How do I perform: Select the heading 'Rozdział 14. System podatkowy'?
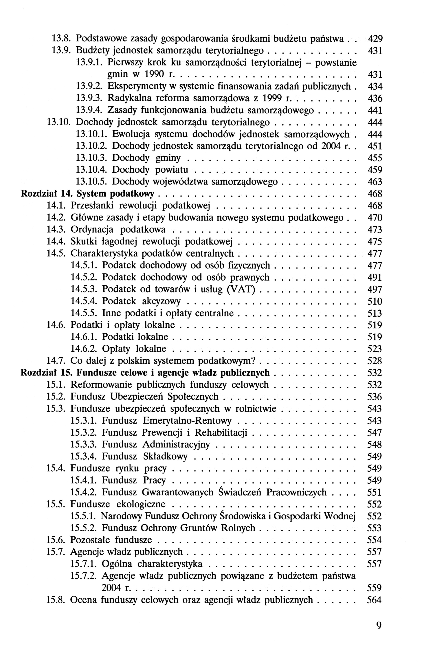pyautogui.click(x=87, y=194)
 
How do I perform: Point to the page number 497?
pyautogui.click(x=374, y=290)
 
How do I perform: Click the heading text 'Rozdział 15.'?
pyautogui.click(x=47, y=373)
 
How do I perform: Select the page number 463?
pyautogui.click(x=374, y=182)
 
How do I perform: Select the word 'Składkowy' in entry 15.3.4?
pyautogui.click(x=165, y=456)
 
